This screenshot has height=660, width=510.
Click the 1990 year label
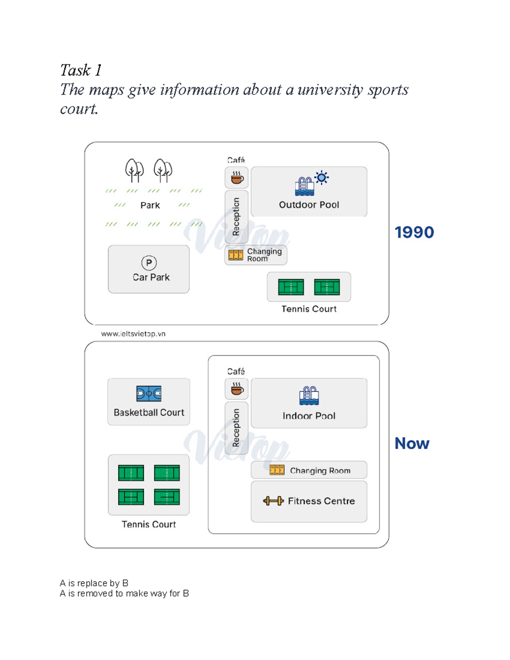(x=414, y=232)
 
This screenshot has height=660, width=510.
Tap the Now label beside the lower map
(x=411, y=443)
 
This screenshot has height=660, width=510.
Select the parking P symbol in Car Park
(x=149, y=263)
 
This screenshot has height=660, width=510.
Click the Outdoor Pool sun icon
(x=322, y=178)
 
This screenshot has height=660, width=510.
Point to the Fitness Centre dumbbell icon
(x=273, y=501)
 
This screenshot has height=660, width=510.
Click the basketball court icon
(x=149, y=394)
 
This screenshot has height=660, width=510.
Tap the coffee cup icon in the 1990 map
(x=237, y=178)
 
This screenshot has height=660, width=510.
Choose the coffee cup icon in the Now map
(x=237, y=388)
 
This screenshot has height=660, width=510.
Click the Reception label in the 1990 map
(x=236, y=217)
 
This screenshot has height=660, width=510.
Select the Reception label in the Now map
(x=236, y=428)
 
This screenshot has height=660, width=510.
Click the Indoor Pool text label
(x=309, y=416)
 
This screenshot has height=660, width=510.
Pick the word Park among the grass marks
(x=150, y=205)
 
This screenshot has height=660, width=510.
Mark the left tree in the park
(x=134, y=170)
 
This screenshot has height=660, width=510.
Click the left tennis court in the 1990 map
(x=291, y=287)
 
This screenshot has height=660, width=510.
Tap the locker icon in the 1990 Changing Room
(x=235, y=255)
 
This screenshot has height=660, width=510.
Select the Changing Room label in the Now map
(x=320, y=470)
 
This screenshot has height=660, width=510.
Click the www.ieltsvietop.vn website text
(x=133, y=334)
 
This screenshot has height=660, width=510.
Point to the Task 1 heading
(x=81, y=70)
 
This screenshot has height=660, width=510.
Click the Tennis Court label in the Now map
(x=149, y=524)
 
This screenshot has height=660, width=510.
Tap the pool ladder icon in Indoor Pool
(x=309, y=396)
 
